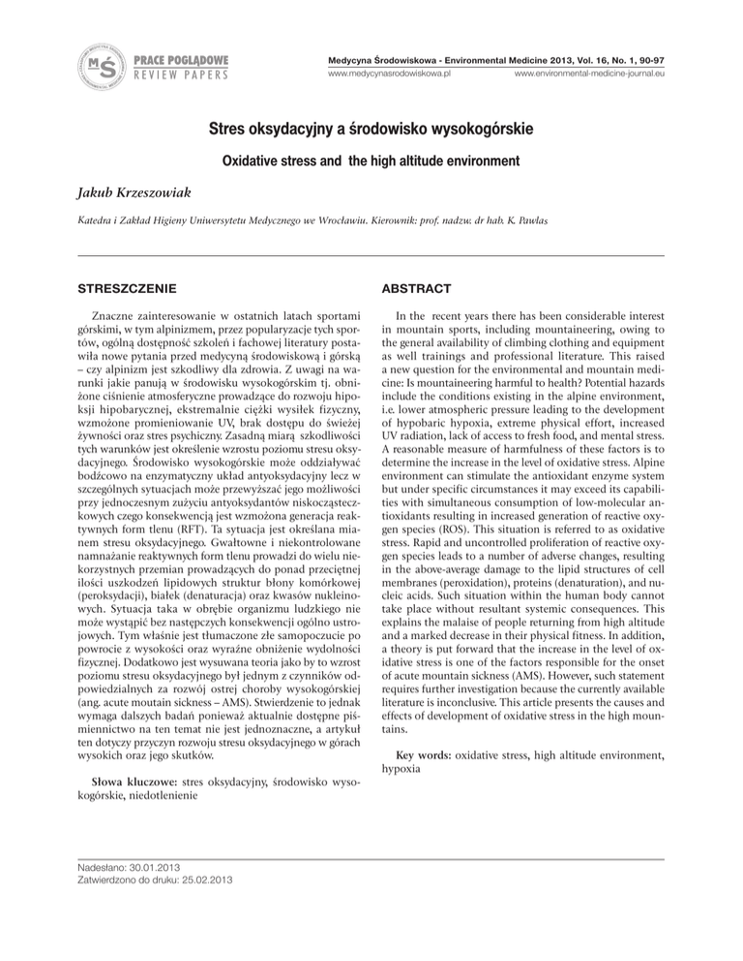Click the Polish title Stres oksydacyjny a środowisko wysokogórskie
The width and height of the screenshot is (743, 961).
(x=371, y=128)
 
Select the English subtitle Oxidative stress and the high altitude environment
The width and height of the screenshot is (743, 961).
(x=371, y=160)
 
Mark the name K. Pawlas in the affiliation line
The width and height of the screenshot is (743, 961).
(x=644, y=223)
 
